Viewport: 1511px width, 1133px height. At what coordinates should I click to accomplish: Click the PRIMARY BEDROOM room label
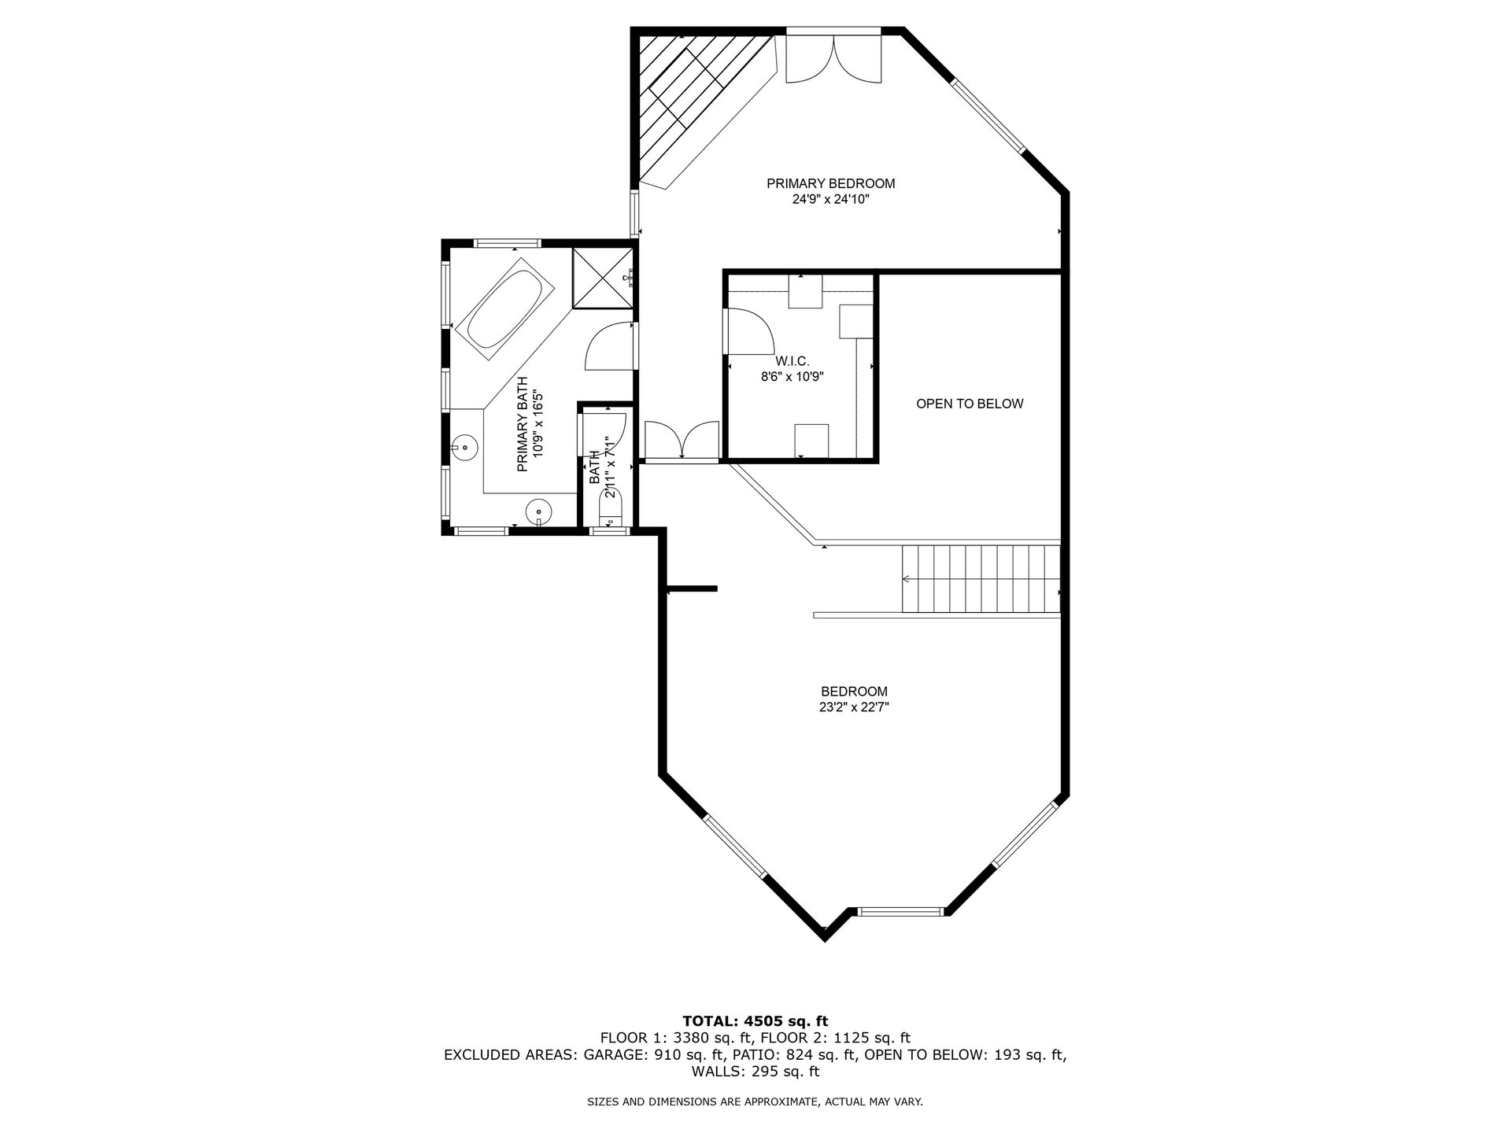tap(830, 183)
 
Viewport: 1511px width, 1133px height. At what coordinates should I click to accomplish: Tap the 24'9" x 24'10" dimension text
tap(830, 200)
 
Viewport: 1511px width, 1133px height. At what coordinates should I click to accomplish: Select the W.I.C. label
tap(792, 361)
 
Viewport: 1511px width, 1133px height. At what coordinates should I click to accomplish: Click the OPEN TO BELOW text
tap(969, 404)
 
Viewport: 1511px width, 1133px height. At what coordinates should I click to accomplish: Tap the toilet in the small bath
tap(611, 507)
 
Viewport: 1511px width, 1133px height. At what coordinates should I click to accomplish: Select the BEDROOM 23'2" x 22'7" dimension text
tap(854, 707)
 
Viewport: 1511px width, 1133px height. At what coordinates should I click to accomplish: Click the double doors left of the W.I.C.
tap(682, 441)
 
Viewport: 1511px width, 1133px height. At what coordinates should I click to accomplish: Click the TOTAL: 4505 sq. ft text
tap(755, 1022)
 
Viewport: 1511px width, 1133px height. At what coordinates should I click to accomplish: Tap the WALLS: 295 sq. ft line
tap(755, 1072)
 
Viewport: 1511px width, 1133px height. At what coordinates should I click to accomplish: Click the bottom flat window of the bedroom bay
tap(899, 912)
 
